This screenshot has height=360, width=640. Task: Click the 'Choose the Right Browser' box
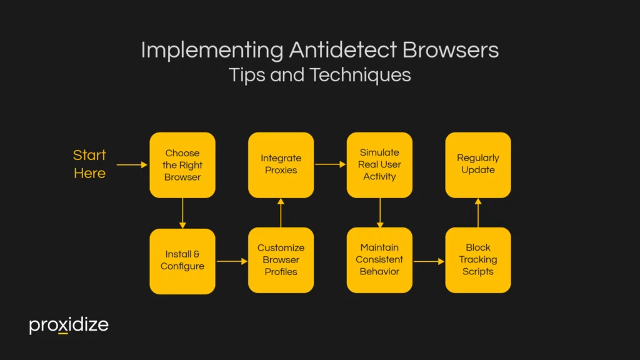coord(182,165)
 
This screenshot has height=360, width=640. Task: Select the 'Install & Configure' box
coord(182,261)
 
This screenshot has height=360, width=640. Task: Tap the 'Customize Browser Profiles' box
coord(281,260)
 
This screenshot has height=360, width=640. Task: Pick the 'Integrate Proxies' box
coord(281,164)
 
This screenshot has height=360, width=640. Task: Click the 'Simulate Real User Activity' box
coord(379,164)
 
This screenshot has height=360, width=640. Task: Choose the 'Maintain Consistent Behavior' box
coord(379,260)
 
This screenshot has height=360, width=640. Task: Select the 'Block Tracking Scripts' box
coord(478,260)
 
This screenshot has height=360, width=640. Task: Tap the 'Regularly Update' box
coord(478,164)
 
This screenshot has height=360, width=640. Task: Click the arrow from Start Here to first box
coord(132,165)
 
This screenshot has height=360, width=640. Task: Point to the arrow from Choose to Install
coord(182,213)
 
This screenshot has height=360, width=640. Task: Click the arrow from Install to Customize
coord(232,261)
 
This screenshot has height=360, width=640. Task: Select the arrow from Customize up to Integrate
coord(281,212)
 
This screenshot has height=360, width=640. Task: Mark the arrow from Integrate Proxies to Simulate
coord(330,164)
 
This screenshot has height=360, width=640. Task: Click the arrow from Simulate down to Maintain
coord(379,212)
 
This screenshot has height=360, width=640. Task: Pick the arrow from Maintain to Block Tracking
coord(429,261)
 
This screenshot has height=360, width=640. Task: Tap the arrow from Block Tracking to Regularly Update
coord(478,212)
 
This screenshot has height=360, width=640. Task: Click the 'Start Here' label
coord(89,164)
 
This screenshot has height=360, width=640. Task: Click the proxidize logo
coord(69,326)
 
